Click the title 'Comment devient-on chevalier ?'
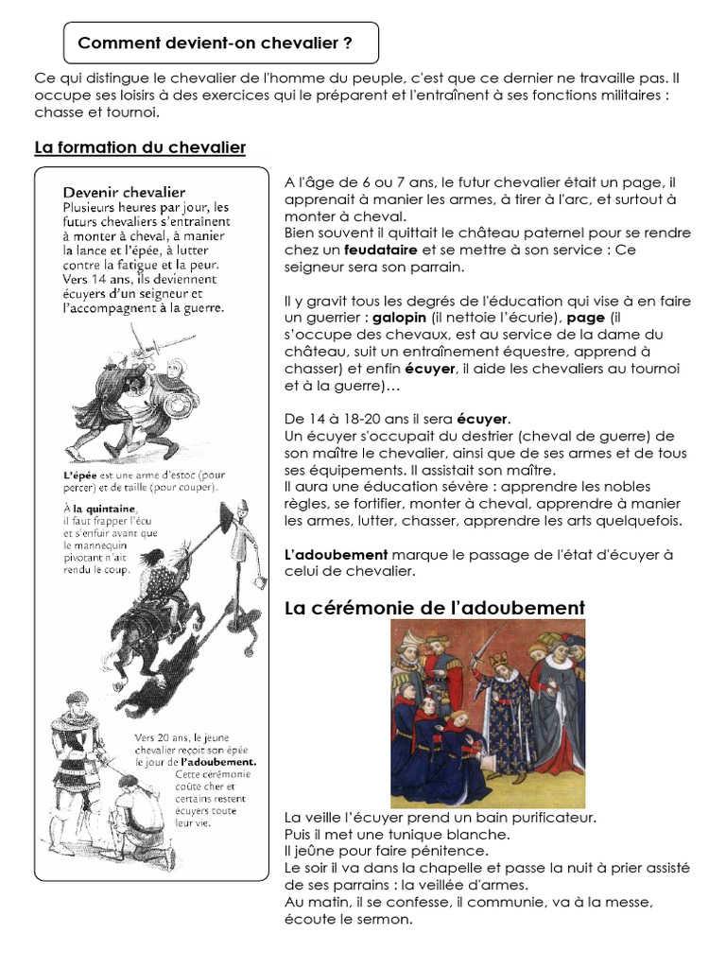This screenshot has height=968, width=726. tap(215, 43)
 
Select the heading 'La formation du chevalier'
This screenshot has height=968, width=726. tap(140, 147)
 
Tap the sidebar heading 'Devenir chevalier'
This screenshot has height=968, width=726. tap(124, 192)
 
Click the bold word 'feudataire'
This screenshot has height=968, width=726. tap(380, 250)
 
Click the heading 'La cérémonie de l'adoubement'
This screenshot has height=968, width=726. tap(435, 608)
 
